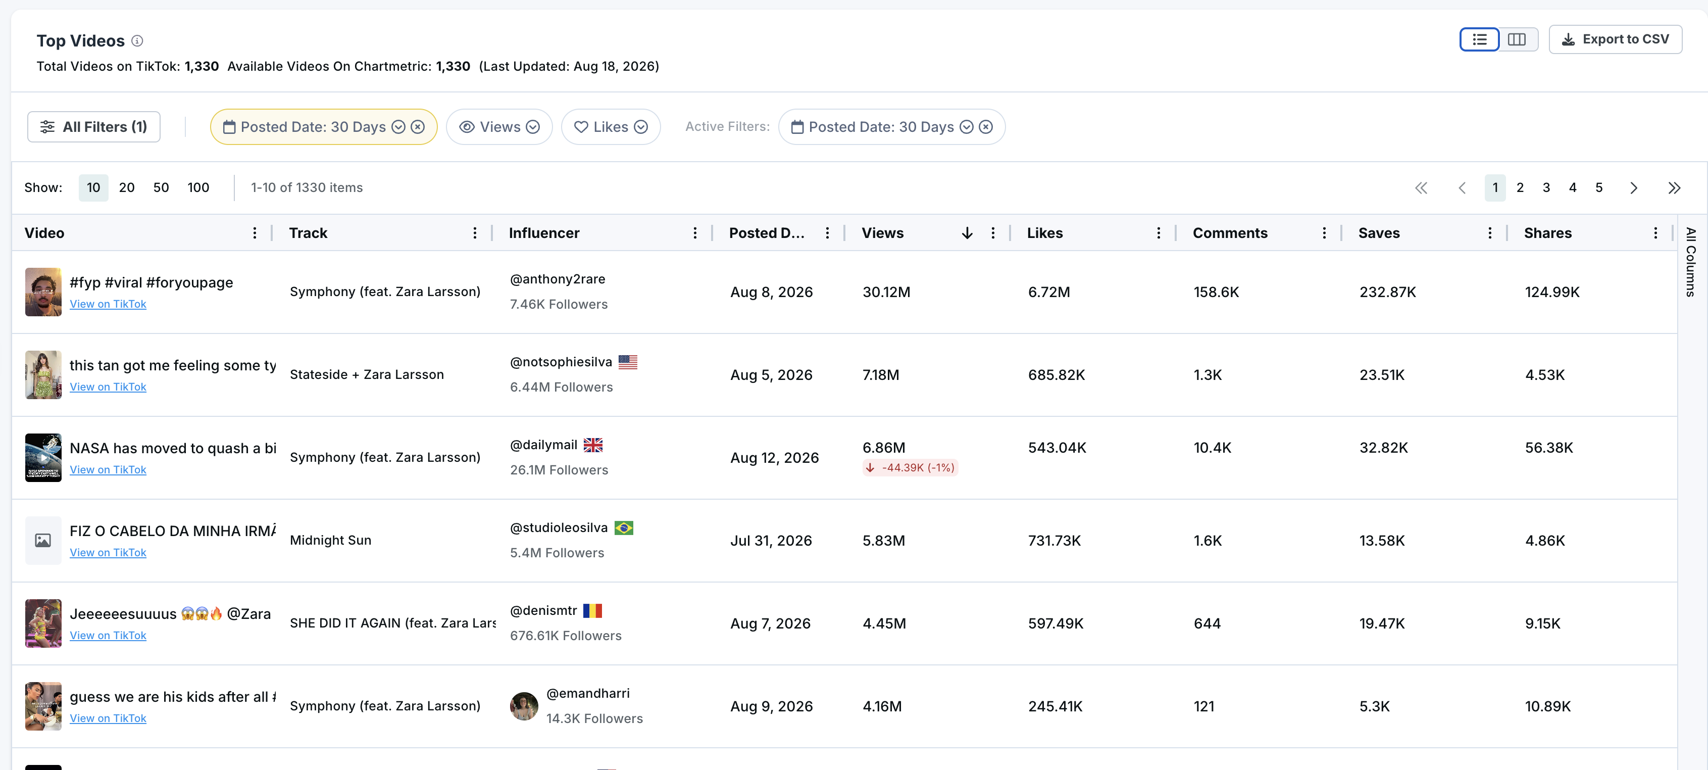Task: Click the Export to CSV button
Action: click(x=1615, y=39)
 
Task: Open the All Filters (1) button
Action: click(x=93, y=127)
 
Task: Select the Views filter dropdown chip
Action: click(x=499, y=127)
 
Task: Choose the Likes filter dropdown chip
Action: click(x=611, y=127)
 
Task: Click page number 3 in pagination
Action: click(x=1546, y=187)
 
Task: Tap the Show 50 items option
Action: click(x=161, y=187)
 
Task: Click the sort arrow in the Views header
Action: click(x=968, y=233)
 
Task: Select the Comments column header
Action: click(x=1230, y=233)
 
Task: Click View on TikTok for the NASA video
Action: click(x=108, y=469)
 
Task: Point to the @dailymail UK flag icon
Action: click(x=593, y=445)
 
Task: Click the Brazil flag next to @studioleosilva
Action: click(x=624, y=528)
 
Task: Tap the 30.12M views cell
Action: click(x=886, y=292)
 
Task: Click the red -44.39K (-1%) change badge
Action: click(x=911, y=467)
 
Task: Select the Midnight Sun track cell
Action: click(x=330, y=541)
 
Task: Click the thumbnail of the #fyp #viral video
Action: click(x=43, y=292)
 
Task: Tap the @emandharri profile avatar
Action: click(x=524, y=706)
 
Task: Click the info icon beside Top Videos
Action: click(x=137, y=41)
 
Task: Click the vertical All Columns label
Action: click(x=1691, y=262)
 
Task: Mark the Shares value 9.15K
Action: click(x=1542, y=623)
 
